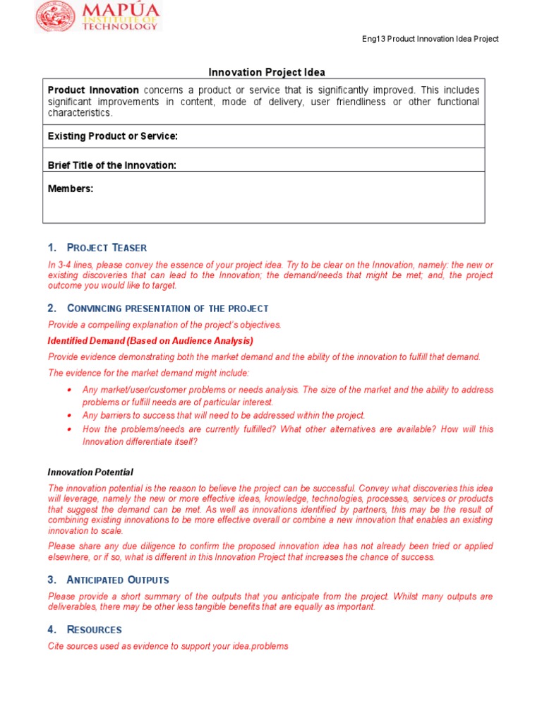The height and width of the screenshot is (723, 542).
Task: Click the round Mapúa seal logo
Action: click(56, 17)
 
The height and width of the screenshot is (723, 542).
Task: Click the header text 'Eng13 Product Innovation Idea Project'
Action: click(430, 39)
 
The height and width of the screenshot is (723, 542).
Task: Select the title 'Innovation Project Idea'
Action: click(267, 72)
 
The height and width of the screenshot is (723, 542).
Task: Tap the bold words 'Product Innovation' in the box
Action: click(93, 90)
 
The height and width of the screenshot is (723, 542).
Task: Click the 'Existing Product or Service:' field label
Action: click(112, 136)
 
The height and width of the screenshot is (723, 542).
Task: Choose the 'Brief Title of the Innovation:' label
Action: click(112, 165)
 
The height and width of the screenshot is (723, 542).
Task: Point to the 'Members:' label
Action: click(71, 189)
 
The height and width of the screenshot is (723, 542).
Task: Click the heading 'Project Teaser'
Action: click(107, 247)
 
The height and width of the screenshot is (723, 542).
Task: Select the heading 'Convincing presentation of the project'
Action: click(167, 308)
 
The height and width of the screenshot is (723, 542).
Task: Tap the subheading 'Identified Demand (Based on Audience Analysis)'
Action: click(150, 340)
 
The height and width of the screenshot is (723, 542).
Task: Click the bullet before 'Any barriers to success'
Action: click(69, 416)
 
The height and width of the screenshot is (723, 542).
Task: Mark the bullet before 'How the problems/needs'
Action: click(69, 429)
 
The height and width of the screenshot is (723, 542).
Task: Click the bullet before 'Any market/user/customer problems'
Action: click(69, 390)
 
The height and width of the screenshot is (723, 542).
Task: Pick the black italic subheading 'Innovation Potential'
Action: click(90, 472)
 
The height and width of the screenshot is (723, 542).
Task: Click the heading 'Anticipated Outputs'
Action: click(118, 580)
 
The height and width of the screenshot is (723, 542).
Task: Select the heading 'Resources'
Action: click(94, 629)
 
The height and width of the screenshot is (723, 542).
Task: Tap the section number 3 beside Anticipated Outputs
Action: click(51, 580)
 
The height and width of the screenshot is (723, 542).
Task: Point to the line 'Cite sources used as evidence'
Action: click(168, 646)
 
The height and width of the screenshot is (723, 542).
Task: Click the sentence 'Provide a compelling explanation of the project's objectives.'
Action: click(164, 325)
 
